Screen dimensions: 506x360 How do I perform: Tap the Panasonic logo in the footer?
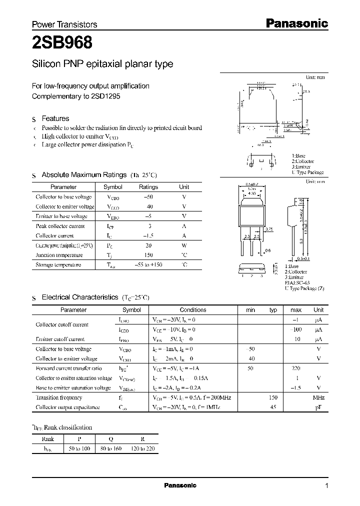(180, 485)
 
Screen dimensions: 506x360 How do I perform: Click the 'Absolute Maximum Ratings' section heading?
(83, 175)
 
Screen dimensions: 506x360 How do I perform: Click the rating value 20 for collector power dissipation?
(148, 245)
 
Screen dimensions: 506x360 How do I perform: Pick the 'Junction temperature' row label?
(55, 255)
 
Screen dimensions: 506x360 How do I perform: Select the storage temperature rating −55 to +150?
(148, 265)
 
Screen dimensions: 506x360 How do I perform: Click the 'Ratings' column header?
(148, 187)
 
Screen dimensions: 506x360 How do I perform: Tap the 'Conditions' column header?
(192, 310)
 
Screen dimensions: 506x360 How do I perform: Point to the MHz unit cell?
(318, 397)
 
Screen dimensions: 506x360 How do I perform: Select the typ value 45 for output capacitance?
(273, 407)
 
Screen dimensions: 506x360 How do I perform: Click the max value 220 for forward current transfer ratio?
(295, 368)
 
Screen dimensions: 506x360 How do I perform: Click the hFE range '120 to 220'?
(142, 449)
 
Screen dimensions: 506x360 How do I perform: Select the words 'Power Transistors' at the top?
(64, 24)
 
